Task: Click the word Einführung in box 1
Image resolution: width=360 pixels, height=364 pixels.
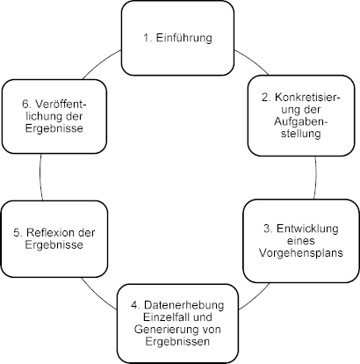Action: coord(184,38)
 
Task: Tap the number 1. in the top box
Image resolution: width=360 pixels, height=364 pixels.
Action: coord(148,38)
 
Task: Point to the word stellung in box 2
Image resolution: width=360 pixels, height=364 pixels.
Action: coord(301,134)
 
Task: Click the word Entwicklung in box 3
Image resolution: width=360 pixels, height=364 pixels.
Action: coord(307,229)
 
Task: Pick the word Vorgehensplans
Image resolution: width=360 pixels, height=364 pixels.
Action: coord(301,252)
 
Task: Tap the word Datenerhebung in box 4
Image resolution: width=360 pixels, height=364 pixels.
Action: coord(184,305)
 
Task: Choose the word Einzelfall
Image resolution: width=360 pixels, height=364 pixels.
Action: coord(164,317)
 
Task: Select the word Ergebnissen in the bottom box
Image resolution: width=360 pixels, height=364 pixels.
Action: coord(177,342)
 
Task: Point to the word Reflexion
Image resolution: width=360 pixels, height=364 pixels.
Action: coord(48,233)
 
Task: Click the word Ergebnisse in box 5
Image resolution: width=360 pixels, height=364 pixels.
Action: coord(54,244)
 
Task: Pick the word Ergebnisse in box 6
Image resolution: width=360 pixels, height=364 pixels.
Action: coord(54,128)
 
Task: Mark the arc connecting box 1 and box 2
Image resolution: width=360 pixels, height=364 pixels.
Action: coord(252,61)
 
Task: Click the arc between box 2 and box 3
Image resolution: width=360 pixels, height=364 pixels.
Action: coord(316,178)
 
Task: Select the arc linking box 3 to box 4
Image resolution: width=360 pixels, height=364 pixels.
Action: coord(256,297)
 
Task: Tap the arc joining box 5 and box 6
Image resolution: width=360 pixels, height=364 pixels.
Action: coord(40,177)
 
